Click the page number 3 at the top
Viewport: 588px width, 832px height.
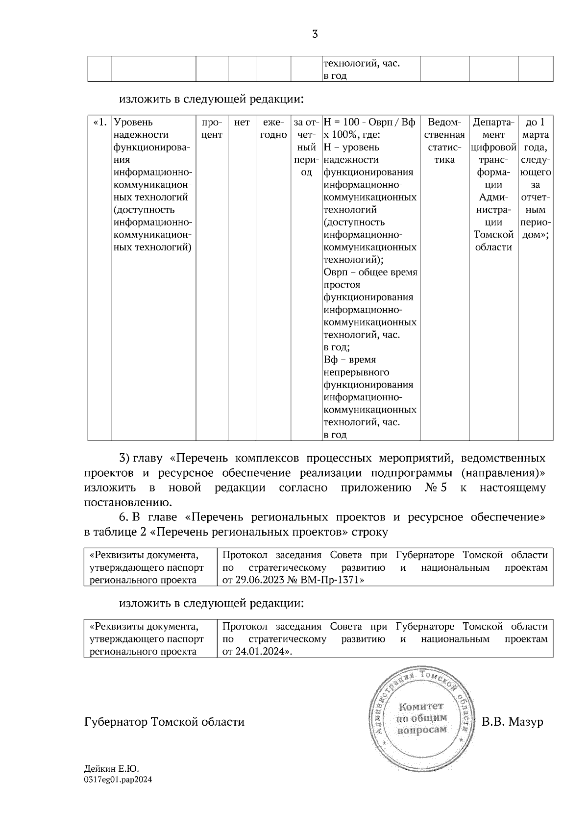(x=315, y=34)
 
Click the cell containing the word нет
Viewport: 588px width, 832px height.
(x=242, y=122)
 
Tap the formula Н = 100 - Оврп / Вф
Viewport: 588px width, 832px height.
(x=369, y=122)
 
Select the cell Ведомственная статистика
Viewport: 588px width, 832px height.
(x=444, y=141)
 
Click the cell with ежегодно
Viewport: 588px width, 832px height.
(x=273, y=128)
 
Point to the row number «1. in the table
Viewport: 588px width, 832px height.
(x=100, y=122)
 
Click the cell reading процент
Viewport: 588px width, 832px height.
(x=212, y=128)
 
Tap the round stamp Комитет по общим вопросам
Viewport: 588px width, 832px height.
(x=422, y=718)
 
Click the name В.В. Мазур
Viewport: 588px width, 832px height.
(x=513, y=722)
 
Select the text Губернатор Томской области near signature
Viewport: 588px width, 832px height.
(x=164, y=722)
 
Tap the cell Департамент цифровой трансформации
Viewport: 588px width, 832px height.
(x=493, y=184)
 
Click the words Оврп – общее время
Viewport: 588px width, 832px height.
(x=370, y=272)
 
